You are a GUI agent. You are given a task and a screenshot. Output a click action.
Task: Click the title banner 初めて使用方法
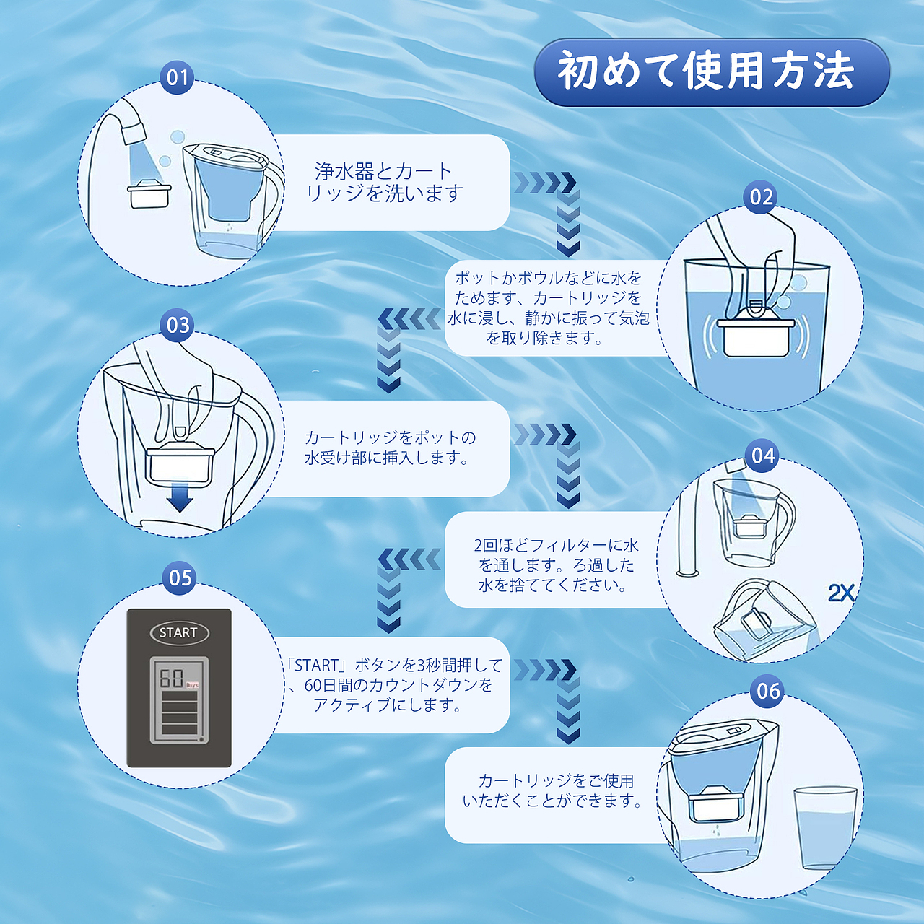tap(711, 72)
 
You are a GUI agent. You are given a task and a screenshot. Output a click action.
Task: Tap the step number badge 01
tap(178, 77)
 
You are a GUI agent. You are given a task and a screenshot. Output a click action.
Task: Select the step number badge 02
tap(761, 197)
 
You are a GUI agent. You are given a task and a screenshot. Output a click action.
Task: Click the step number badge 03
tap(178, 325)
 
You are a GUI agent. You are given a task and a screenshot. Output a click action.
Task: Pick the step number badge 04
tap(762, 456)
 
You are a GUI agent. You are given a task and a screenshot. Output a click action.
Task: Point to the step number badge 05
tap(180, 577)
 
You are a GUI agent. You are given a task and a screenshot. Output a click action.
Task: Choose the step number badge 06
tap(768, 691)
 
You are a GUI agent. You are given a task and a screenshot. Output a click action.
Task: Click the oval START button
tap(179, 633)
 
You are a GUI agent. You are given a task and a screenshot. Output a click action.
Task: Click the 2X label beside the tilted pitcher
tap(841, 593)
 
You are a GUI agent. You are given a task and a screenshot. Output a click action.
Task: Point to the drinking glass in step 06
tap(824, 828)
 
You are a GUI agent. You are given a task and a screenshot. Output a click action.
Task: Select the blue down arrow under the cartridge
tap(179, 499)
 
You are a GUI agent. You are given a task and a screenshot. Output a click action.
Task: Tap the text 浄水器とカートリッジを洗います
tap(384, 183)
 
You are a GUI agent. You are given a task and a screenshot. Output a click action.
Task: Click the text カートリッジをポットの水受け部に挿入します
tap(390, 448)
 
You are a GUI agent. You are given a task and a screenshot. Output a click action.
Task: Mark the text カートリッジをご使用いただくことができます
tap(552, 790)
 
